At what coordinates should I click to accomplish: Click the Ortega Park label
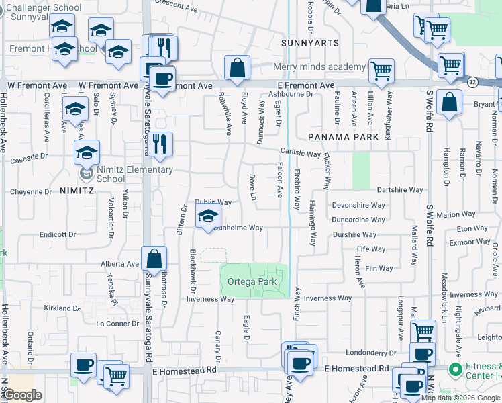click(x=252, y=282)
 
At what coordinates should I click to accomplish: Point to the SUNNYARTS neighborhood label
click(x=302, y=42)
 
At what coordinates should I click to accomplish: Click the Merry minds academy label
click(x=319, y=67)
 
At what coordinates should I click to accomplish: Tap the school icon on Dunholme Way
click(x=208, y=217)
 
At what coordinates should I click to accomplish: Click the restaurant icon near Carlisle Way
click(x=160, y=144)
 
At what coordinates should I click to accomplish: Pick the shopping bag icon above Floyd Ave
click(x=237, y=68)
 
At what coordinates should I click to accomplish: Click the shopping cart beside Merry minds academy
click(x=381, y=71)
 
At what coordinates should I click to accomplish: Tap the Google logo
click(x=23, y=395)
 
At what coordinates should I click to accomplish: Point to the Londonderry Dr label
click(x=372, y=353)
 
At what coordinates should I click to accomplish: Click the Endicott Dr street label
click(x=58, y=235)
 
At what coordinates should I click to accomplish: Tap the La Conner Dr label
click(x=117, y=324)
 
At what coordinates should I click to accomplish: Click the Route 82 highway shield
click(x=471, y=81)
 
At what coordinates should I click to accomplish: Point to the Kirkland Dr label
click(x=62, y=308)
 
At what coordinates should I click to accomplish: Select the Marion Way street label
click(x=456, y=215)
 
